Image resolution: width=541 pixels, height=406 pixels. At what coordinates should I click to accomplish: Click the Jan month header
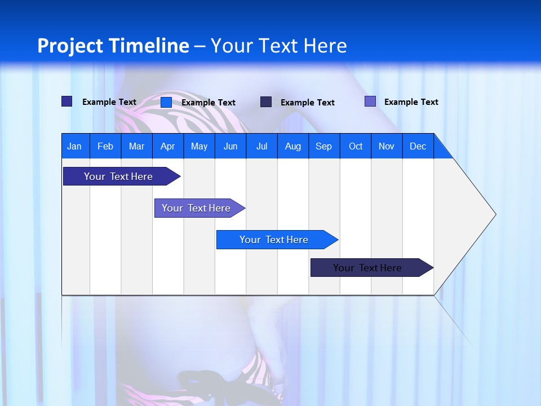click(74, 146)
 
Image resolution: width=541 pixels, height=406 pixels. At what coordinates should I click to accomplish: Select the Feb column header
click(105, 146)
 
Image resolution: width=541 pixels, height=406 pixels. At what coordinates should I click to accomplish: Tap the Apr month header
click(167, 146)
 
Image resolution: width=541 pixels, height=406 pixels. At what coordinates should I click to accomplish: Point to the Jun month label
click(230, 146)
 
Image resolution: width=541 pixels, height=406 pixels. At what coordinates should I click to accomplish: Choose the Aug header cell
click(292, 146)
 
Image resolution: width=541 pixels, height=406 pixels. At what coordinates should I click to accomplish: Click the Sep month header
click(323, 146)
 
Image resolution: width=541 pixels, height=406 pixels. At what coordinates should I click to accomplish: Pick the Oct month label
click(356, 146)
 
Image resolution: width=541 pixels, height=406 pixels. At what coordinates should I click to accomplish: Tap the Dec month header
click(418, 146)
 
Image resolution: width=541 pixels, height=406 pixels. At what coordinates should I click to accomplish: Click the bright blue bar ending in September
click(274, 240)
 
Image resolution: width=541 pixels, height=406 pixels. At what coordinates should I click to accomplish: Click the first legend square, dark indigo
click(67, 101)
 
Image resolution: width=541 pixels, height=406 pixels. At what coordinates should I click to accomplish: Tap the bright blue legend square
click(166, 102)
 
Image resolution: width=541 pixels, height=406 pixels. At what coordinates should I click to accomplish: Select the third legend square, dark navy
click(266, 102)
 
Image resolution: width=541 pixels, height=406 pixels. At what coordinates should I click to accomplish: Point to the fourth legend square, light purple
click(370, 101)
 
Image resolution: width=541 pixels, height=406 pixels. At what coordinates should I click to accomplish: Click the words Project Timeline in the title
click(113, 46)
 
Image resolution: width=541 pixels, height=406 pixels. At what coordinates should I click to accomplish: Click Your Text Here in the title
click(278, 46)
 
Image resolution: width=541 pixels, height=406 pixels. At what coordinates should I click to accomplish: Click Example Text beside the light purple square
click(411, 102)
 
